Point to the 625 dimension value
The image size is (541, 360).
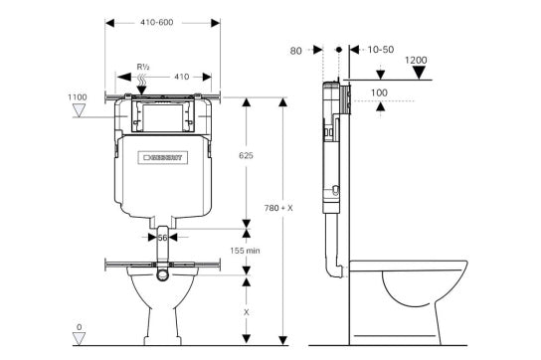(256, 155)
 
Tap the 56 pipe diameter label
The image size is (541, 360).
(162, 238)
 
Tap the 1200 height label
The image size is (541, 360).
(417, 61)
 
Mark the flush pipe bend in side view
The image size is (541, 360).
(334, 266)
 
